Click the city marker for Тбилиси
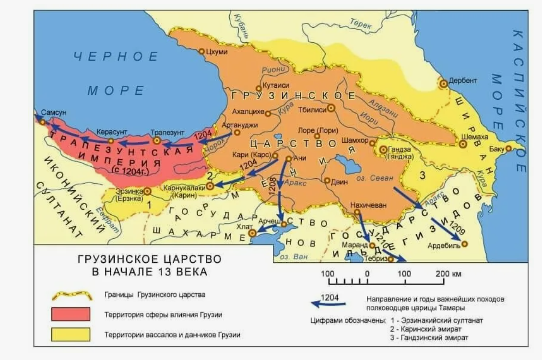[330, 108]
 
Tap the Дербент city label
[463, 81]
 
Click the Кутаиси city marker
[259, 88]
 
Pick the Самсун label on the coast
[54, 112]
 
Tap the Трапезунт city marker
[156, 140]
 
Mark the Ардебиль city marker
[464, 244]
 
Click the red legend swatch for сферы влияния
[71, 314]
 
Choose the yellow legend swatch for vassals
[71, 334]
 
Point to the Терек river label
[361, 23]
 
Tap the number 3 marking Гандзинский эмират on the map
[422, 175]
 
